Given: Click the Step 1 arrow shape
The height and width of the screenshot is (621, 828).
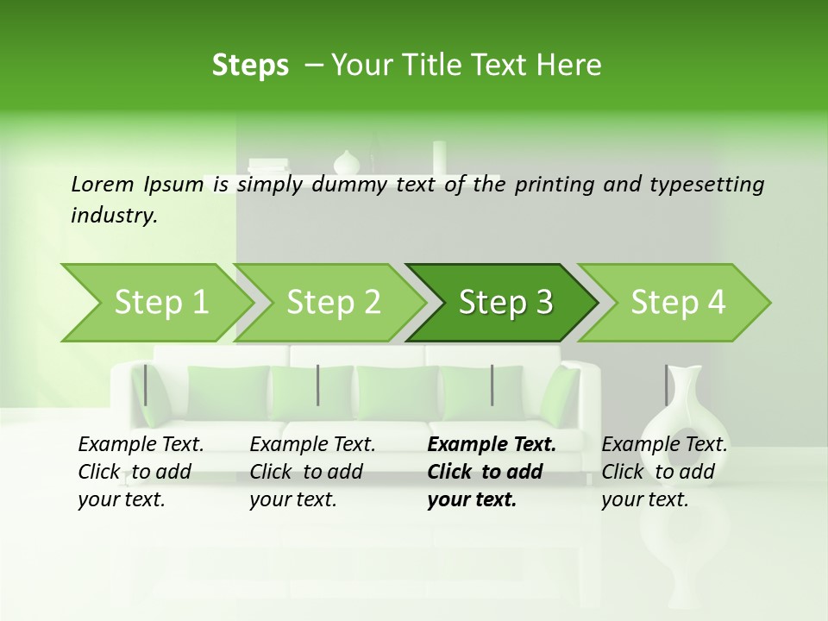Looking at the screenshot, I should (x=155, y=303).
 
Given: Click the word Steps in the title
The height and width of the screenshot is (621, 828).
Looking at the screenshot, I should (x=250, y=65).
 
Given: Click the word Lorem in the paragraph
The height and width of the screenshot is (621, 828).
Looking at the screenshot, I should (x=103, y=184).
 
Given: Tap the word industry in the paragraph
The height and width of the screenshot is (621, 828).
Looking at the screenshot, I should (x=113, y=215).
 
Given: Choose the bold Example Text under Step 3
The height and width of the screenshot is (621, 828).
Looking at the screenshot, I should (x=492, y=445).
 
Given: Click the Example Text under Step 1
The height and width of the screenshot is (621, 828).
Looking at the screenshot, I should (x=141, y=445).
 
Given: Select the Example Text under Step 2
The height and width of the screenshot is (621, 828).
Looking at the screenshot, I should (x=312, y=445).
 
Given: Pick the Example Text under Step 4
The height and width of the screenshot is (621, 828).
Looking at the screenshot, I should (x=664, y=445).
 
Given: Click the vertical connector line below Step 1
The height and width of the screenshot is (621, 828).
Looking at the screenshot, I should (x=146, y=385).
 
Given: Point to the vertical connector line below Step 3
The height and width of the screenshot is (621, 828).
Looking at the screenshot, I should (x=492, y=385).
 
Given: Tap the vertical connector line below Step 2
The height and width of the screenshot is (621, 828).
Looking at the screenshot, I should (x=318, y=385).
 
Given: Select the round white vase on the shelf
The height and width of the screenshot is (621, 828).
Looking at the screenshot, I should (x=346, y=162).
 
